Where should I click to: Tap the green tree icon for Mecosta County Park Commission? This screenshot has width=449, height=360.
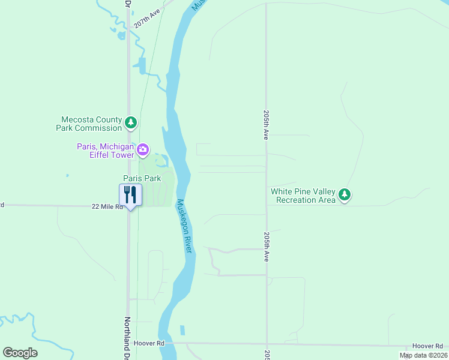pyautogui.click(x=131, y=124)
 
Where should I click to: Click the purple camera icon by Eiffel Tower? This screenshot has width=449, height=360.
pyautogui.click(x=143, y=149)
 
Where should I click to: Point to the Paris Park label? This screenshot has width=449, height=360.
pyautogui.click(x=142, y=178)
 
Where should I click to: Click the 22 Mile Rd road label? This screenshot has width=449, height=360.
pyautogui.click(x=107, y=206)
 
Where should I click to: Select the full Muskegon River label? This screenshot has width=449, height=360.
pyautogui.click(x=184, y=226)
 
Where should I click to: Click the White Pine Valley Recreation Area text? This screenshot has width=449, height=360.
pyautogui.click(x=303, y=196)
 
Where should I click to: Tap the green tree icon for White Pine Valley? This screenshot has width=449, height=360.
pyautogui.click(x=344, y=194)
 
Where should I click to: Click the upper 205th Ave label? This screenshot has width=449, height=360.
pyautogui.click(x=265, y=125)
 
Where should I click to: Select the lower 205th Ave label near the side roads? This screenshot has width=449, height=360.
pyautogui.click(x=265, y=247)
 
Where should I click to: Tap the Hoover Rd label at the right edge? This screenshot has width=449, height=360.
pyautogui.click(x=427, y=347)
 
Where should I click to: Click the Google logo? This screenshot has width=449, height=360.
pyautogui.click(x=20, y=352)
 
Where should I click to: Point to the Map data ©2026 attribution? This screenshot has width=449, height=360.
pyautogui.click(x=423, y=355)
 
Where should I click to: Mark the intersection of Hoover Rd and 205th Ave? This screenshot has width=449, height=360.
pyautogui.click(x=267, y=344)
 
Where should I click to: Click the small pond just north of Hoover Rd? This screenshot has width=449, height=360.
pyautogui.click(x=182, y=331)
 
